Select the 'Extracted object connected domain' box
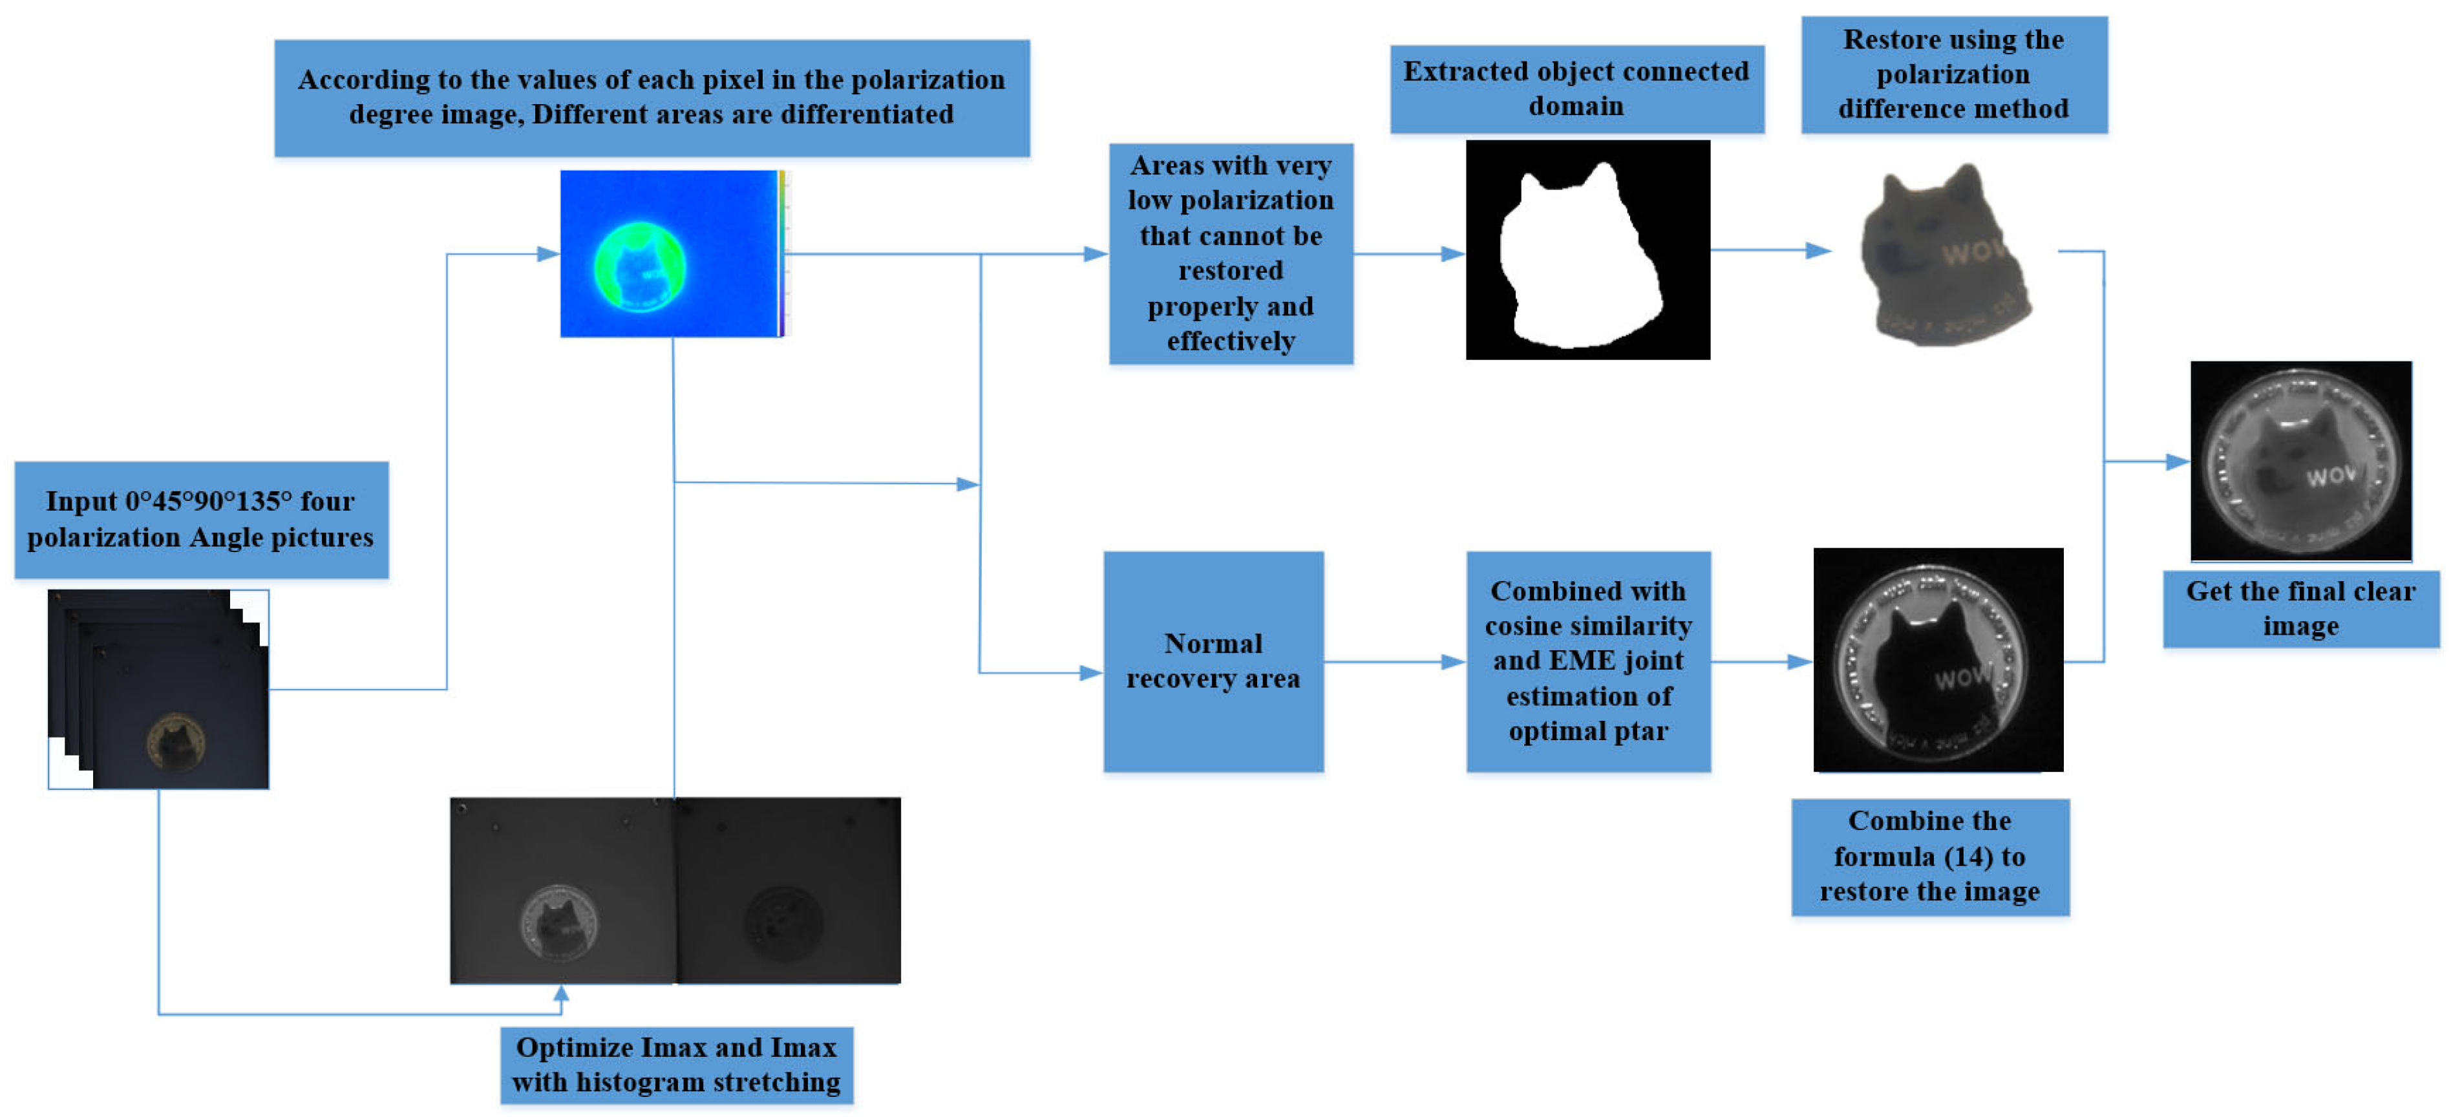tap(1576, 89)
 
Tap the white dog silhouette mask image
tap(1586, 250)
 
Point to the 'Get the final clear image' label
tap(2300, 608)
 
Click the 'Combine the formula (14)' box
tap(1929, 856)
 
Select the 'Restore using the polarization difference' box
tap(1953, 74)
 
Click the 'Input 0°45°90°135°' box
tap(201, 520)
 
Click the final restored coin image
tap(2300, 462)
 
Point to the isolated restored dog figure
tap(1944, 255)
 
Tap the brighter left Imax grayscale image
tap(562, 891)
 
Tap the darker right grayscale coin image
tap(788, 891)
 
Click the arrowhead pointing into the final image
tap(2178, 462)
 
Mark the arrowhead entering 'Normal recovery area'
tap(1090, 673)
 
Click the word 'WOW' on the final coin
tap(2329, 474)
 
